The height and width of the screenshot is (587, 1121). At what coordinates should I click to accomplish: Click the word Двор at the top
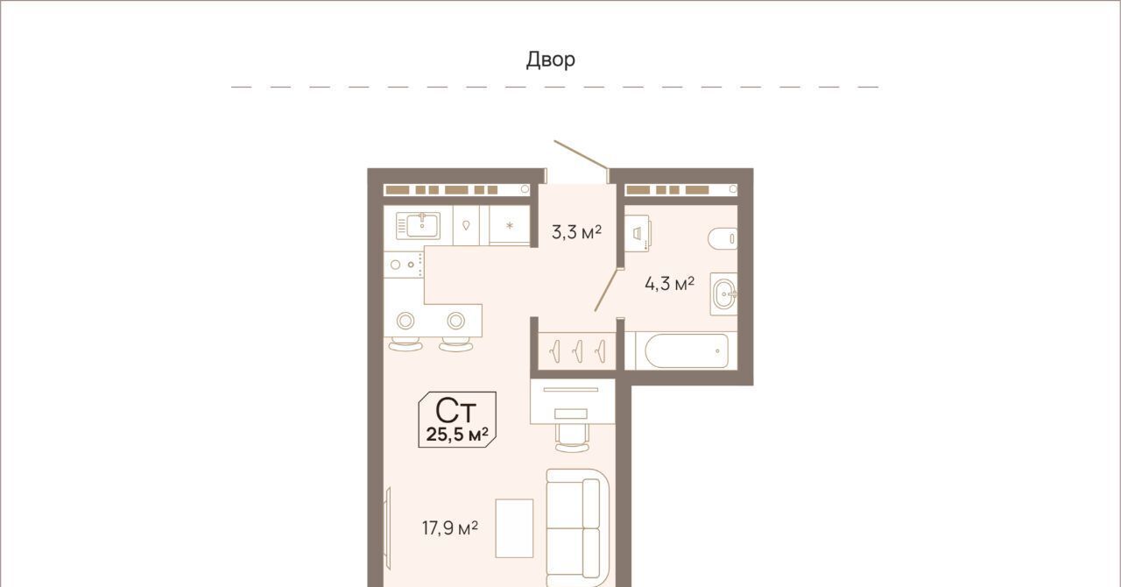pyautogui.click(x=551, y=60)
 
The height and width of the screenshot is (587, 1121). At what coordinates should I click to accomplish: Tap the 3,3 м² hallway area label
pyautogui.click(x=576, y=232)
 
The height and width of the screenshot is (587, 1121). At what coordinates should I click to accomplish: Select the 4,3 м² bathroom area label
pyautogui.click(x=670, y=284)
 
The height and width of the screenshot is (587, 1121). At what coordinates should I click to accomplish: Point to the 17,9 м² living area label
pyautogui.click(x=450, y=528)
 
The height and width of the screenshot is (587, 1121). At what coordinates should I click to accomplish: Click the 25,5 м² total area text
pyautogui.click(x=457, y=435)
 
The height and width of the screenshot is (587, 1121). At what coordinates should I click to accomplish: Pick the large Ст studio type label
pyautogui.click(x=455, y=411)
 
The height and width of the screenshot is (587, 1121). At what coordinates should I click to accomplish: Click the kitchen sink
pyautogui.click(x=419, y=226)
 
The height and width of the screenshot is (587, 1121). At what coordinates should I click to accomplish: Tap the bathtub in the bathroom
pyautogui.click(x=687, y=350)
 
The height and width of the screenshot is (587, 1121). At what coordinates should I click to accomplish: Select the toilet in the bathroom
pyautogui.click(x=723, y=238)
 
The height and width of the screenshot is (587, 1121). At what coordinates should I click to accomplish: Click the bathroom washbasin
pyautogui.click(x=724, y=294)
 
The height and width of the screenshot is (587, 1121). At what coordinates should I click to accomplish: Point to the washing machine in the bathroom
pyautogui.click(x=638, y=233)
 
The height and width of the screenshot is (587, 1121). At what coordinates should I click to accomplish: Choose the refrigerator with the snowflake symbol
pyautogui.click(x=510, y=225)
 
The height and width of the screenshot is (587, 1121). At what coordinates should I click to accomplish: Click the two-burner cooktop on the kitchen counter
pyautogui.click(x=404, y=265)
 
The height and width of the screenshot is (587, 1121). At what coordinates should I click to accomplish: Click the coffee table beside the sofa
pyautogui.click(x=514, y=528)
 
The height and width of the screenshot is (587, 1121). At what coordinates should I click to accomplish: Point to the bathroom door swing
pyautogui.click(x=609, y=290)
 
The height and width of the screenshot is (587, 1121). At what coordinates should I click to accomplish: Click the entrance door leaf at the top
pyautogui.click(x=581, y=155)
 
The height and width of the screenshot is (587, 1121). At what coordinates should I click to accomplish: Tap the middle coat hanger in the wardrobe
pyautogui.click(x=578, y=350)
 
